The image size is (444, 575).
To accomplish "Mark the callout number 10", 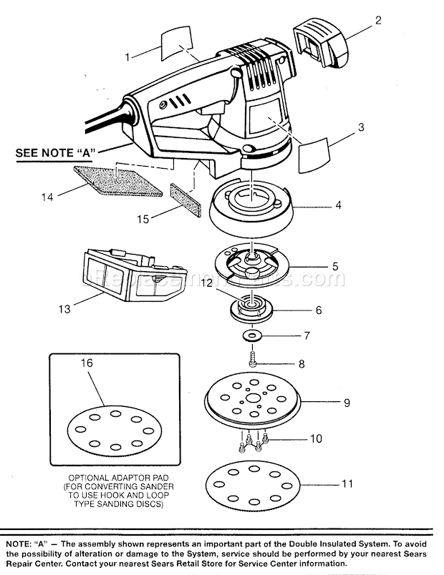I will (314, 438).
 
